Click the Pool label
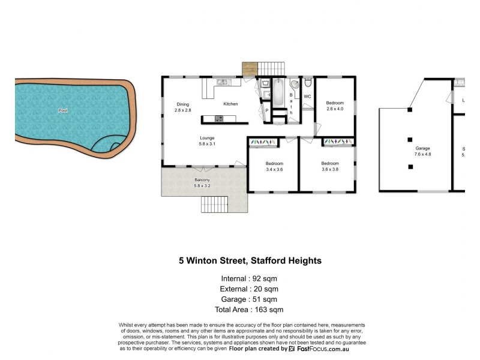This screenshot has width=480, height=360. click(62, 110)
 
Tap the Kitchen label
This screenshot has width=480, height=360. click(230, 104)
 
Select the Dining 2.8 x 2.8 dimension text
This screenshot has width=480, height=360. click(182, 110)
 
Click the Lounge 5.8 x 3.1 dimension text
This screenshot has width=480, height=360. click(207, 144)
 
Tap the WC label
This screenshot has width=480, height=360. click(307, 97)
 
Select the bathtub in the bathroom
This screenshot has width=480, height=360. click(278, 93)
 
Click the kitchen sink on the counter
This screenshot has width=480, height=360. click(221, 82)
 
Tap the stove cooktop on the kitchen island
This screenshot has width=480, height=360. click(218, 119)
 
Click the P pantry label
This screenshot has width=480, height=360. click(266, 110)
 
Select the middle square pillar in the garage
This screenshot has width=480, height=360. click(410, 138)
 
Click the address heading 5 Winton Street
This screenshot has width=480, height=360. click(250, 261)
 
